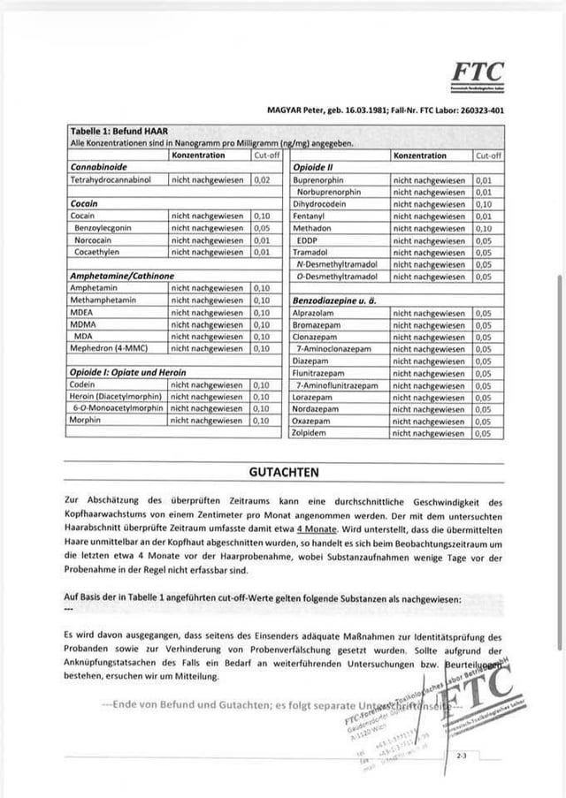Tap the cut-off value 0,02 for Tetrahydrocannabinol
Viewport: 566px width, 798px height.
[261, 179]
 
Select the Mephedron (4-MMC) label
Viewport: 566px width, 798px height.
[108, 347]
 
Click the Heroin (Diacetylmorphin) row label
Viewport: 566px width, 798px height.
[116, 397]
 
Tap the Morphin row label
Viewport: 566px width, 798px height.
[85, 421]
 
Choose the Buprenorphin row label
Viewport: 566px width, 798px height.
[320, 179]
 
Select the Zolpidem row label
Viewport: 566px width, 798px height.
[310, 434]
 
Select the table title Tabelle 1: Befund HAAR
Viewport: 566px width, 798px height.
[119, 131]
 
